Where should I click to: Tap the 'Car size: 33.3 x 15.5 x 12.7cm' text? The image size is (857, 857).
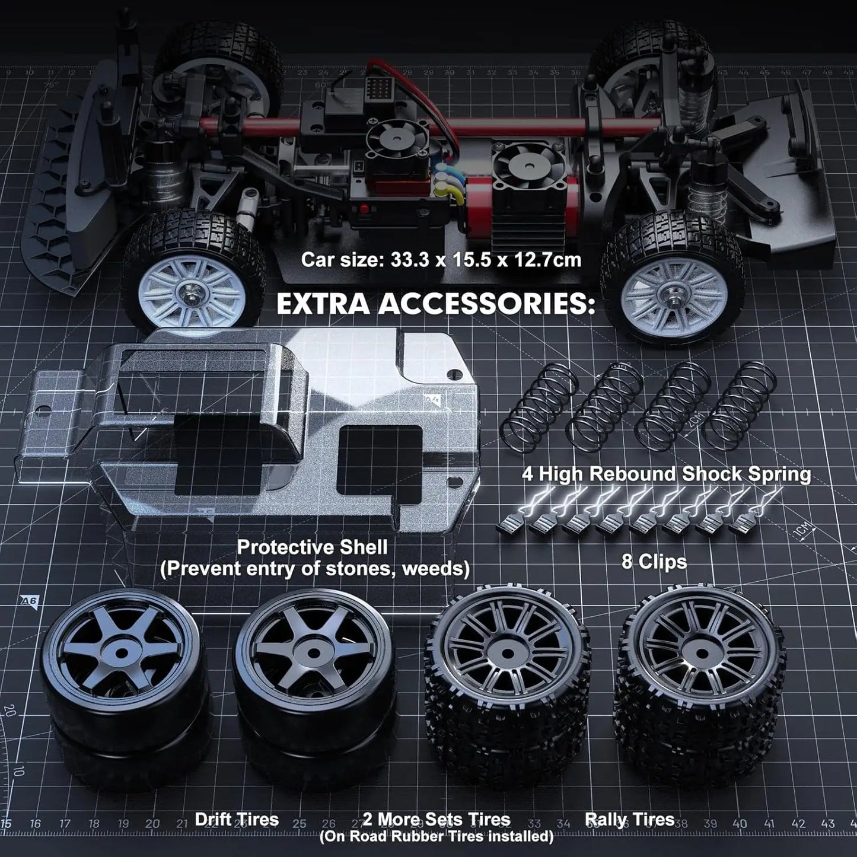[x=441, y=259]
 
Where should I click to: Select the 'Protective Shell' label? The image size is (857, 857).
[x=312, y=546]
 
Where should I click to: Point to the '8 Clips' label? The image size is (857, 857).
[x=654, y=561]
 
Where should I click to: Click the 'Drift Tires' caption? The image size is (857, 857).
[x=237, y=819]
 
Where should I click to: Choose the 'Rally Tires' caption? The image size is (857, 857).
[x=629, y=819]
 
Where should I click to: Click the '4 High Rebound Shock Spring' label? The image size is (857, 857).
[x=666, y=474]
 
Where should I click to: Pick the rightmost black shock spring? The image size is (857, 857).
[x=745, y=403]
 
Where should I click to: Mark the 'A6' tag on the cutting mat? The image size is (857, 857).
[x=28, y=601]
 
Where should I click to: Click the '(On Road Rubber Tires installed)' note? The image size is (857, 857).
[x=436, y=836]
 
